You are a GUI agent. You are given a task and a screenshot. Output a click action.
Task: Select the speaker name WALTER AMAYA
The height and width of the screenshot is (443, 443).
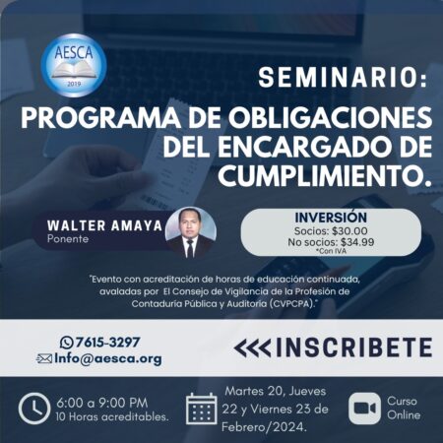click(103, 223)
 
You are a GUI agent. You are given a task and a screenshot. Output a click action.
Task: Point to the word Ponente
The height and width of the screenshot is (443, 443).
click(69, 238)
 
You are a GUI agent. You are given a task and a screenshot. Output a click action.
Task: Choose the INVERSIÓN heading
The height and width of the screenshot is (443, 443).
click(331, 217)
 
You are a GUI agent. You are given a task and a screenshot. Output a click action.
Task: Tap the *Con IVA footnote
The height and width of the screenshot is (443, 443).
click(332, 254)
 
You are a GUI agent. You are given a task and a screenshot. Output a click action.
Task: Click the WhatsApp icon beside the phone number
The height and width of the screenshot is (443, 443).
click(67, 343)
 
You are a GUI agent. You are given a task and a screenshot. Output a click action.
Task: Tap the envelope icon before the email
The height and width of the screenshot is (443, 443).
click(44, 358)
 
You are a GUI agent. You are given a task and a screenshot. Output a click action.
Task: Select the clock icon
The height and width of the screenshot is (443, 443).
click(33, 407)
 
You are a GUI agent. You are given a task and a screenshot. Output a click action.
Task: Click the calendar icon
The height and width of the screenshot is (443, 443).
click(201, 408)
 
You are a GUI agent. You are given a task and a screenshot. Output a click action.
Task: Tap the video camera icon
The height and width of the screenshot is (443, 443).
click(365, 408)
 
